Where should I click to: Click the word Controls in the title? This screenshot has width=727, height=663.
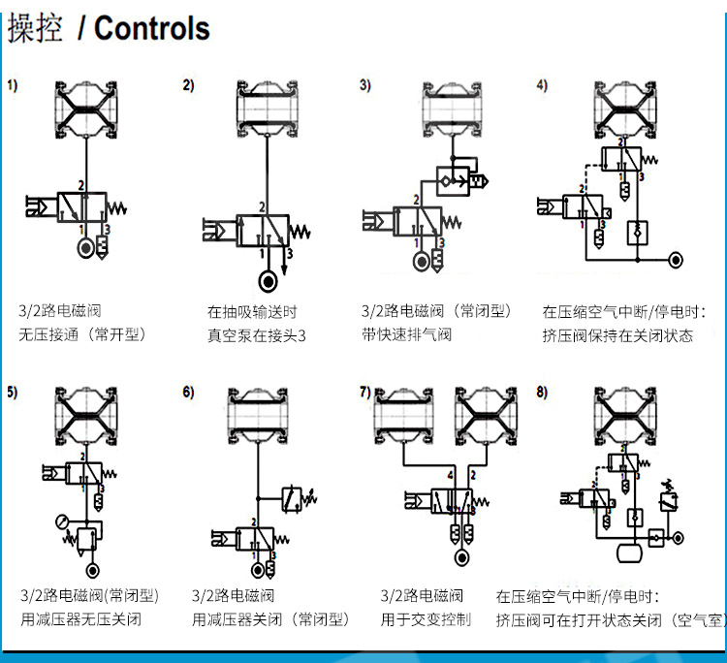(151, 28)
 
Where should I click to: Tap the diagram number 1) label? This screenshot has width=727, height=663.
(13, 85)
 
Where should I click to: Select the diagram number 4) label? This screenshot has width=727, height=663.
(542, 85)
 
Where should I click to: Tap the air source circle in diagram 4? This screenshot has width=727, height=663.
(676, 260)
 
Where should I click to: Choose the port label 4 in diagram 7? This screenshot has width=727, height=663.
(451, 477)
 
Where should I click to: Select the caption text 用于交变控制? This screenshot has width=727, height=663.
(426, 618)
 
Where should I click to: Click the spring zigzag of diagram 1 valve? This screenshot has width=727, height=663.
(120, 207)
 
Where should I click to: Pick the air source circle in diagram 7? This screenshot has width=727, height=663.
(462, 558)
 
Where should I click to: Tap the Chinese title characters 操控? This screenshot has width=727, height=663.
(35, 28)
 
